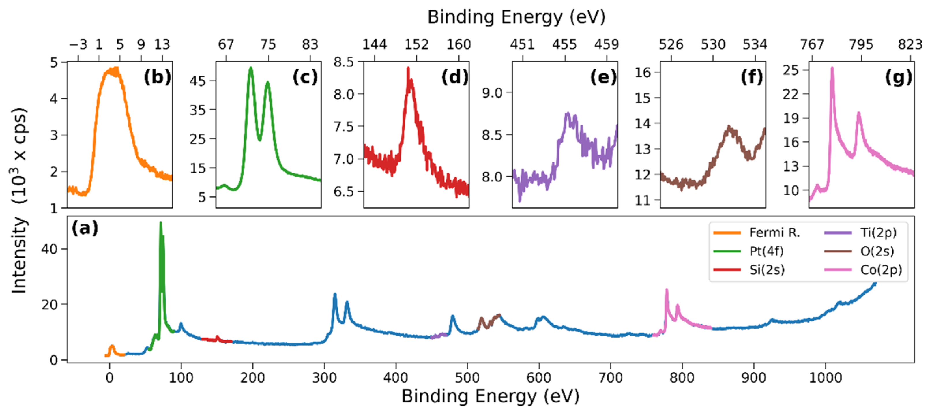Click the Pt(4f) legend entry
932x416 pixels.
766,251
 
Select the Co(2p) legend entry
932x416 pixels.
881,270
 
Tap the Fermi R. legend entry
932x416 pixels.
774,232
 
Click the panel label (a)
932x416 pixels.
85,228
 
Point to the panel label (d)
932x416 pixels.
454,77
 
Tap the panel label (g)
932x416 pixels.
898,77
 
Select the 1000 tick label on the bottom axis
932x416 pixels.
825,377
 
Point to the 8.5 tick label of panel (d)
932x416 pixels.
343,62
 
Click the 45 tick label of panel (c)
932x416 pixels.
198,81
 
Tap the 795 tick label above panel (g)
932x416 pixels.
861,44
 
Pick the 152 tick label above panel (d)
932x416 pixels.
416,44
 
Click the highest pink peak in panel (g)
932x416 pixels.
832,68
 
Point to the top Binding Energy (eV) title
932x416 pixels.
516,17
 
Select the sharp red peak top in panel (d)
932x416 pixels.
408,68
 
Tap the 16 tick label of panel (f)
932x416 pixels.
643,72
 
